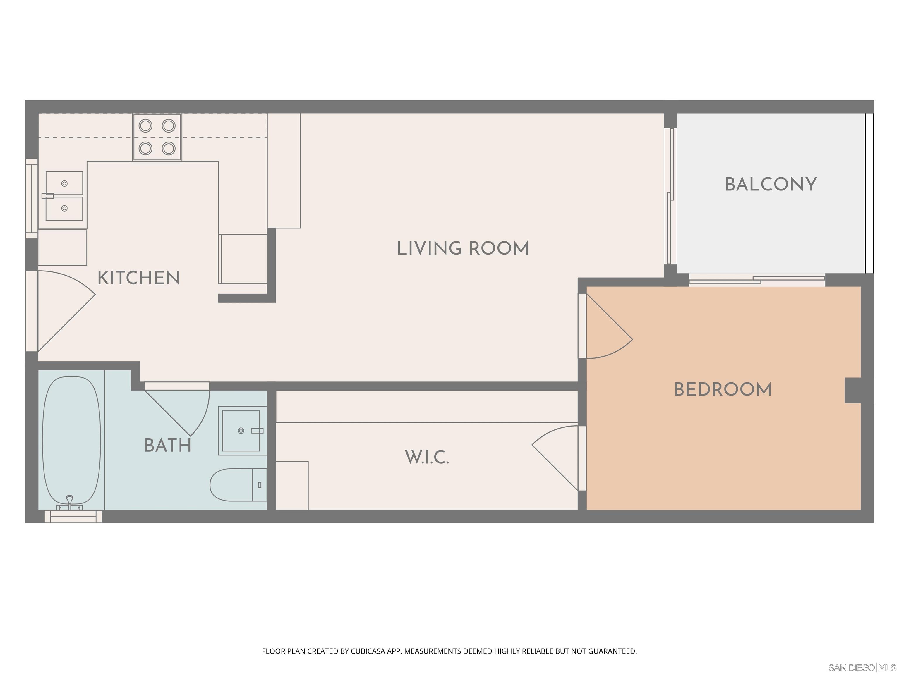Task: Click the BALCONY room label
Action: point(771,185)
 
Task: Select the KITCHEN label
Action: point(139,278)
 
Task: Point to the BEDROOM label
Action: point(723,390)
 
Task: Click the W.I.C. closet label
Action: point(427,458)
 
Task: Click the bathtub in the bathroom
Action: point(71,441)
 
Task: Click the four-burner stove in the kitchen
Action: point(157,137)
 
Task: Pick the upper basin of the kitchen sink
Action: point(64,183)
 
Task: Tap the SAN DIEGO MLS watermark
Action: point(862,668)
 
